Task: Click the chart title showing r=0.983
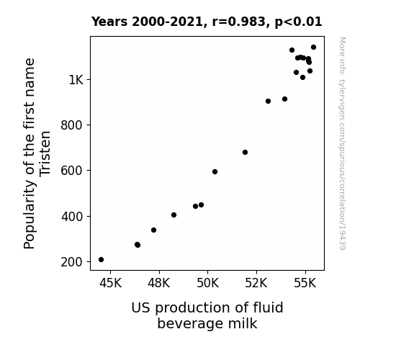(207, 22)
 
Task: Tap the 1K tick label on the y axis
(76, 79)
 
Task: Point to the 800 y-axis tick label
(72, 125)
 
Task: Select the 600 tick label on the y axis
(72, 171)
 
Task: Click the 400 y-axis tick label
(72, 216)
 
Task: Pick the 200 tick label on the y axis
(72, 262)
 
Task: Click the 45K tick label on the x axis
(110, 283)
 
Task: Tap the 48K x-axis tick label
(159, 283)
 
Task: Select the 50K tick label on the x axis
(208, 283)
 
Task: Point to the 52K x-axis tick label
(256, 283)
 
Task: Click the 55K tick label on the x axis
(305, 283)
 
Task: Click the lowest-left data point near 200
(101, 260)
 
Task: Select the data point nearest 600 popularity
(215, 171)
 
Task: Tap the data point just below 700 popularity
(245, 152)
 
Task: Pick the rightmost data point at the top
(314, 47)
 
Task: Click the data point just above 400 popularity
(174, 215)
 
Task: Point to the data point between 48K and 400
(153, 230)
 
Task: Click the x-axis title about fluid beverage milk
(207, 315)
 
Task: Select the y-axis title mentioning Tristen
(37, 153)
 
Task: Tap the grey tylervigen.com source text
(342, 143)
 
